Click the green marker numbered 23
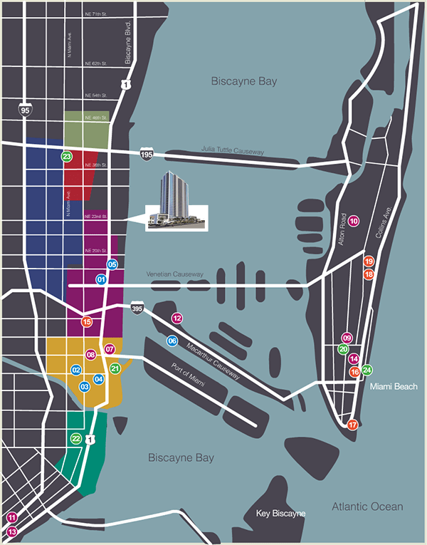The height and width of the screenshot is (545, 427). click(x=67, y=157)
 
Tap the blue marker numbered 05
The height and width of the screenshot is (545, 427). click(x=112, y=264)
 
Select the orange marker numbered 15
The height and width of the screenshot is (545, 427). click(x=87, y=322)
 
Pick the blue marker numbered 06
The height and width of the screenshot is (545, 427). click(x=172, y=341)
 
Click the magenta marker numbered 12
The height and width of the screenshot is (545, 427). click(x=177, y=318)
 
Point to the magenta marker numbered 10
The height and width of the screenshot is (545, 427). click(x=353, y=222)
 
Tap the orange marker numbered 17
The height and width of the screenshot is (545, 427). click(x=353, y=425)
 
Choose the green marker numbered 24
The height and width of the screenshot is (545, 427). click(x=367, y=370)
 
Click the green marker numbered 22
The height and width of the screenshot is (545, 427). click(x=76, y=439)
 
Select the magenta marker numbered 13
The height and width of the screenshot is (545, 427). click(x=11, y=531)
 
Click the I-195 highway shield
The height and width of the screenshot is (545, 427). click(x=146, y=155)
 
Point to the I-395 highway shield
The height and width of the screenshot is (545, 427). click(x=137, y=308)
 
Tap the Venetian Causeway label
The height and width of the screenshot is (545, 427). click(x=174, y=274)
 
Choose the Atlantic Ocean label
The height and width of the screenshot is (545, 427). click(x=367, y=507)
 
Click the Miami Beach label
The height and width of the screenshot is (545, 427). click(x=392, y=386)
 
